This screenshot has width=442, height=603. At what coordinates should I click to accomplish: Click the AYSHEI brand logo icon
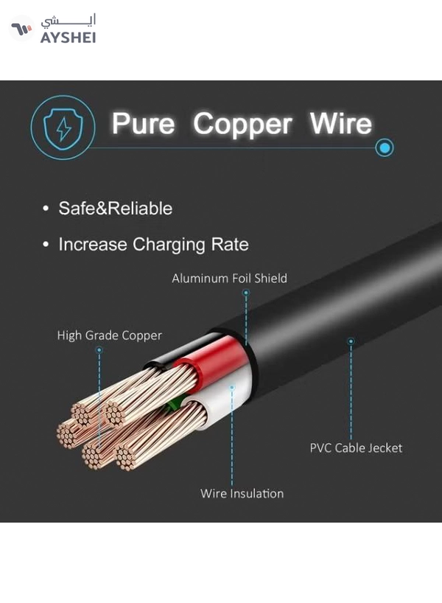(21, 29)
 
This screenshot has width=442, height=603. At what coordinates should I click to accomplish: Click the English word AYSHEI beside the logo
(68, 38)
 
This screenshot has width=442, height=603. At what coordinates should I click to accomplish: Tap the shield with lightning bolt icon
(63, 128)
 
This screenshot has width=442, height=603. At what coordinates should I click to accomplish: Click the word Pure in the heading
(143, 124)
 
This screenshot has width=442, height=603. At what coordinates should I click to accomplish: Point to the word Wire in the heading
(341, 123)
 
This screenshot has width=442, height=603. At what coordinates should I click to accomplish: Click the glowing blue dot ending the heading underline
(385, 147)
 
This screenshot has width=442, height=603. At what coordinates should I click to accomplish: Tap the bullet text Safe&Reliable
(116, 209)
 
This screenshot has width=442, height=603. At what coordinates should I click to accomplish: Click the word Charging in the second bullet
(169, 245)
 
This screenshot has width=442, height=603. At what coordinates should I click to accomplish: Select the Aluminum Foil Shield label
(229, 278)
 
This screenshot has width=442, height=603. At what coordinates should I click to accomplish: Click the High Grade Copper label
(110, 335)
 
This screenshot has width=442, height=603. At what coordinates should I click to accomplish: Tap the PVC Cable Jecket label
(356, 448)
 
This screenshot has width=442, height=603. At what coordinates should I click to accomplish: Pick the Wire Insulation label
(242, 493)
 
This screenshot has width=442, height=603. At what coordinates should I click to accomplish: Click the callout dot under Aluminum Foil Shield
(246, 293)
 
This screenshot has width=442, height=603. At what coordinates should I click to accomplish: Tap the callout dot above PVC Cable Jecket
(351, 341)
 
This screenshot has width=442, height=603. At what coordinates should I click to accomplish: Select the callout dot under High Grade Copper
(99, 350)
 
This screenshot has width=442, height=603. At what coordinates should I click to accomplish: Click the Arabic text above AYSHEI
(69, 21)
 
